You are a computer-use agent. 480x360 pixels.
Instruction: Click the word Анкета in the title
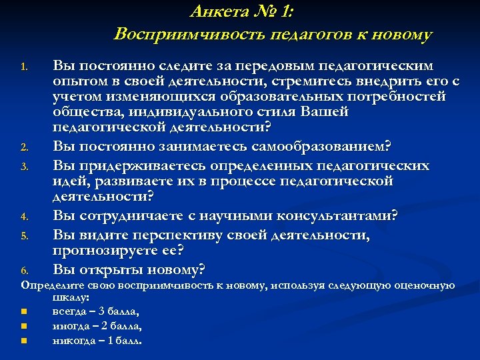(215, 11)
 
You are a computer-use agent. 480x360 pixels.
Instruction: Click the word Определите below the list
(50, 285)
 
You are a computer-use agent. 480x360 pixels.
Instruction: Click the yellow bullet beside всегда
(23, 311)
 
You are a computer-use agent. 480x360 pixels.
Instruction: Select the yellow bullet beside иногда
(23, 326)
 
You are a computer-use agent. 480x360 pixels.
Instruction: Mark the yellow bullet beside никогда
(23, 341)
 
